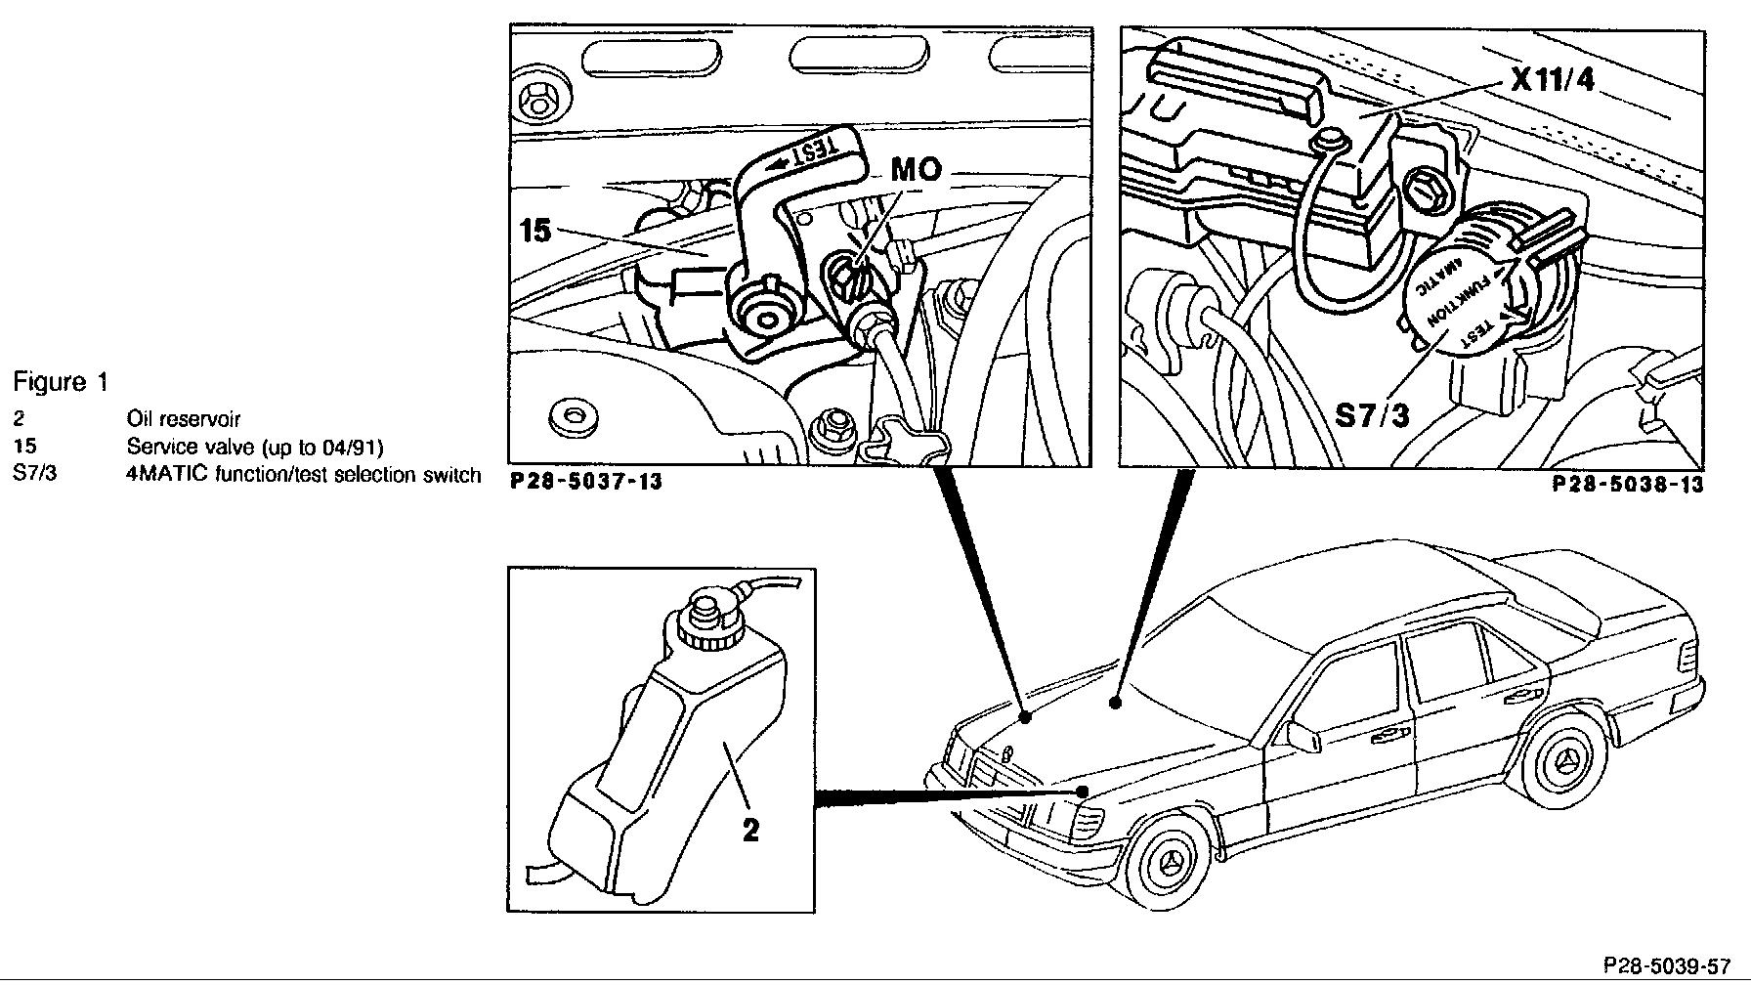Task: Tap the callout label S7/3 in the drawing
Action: point(1373,415)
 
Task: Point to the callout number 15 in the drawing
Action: point(535,231)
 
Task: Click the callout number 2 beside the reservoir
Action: point(750,830)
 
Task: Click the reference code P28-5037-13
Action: point(586,482)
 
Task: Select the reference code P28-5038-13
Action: point(1628,485)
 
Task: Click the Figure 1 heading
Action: point(61,382)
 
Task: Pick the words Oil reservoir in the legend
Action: point(184,419)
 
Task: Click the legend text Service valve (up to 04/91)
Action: point(255,448)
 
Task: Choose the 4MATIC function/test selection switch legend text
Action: point(304,476)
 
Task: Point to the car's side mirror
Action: point(1302,734)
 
